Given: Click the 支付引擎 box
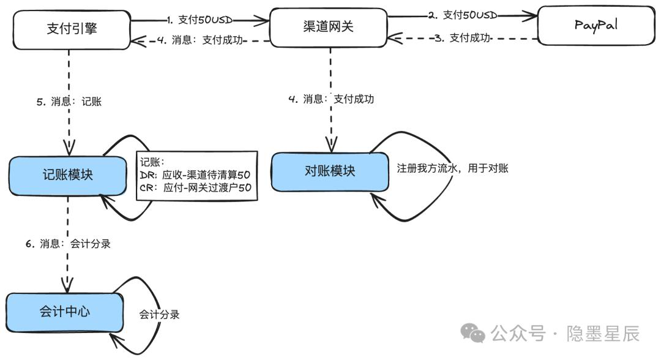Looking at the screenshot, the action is point(72,29).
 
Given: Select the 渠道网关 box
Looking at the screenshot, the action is point(329,28).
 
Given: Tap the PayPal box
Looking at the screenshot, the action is point(597,25).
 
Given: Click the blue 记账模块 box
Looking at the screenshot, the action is point(67,176).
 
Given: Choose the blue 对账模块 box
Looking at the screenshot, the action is point(330,172).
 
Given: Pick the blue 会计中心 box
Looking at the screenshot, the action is point(64,312).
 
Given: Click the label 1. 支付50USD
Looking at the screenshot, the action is point(200,20).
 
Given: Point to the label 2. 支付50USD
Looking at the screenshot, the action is point(463,15).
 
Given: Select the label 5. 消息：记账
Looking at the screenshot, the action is point(69,102).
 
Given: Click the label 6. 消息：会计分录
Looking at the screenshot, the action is point(68,244).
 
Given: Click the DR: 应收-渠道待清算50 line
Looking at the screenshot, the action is point(195,175).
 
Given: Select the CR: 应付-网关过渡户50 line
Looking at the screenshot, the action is point(196,187).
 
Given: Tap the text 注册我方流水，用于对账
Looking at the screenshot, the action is point(452,168).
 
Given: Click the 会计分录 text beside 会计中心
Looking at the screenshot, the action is point(159,315).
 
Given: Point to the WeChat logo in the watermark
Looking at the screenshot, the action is point(472,333).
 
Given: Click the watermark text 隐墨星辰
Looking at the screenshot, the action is point(603,334).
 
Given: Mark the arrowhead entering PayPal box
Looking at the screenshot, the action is point(530,16).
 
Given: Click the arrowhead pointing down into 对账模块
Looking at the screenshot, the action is point(331,144).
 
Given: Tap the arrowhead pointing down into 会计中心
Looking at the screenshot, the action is point(67,285).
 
